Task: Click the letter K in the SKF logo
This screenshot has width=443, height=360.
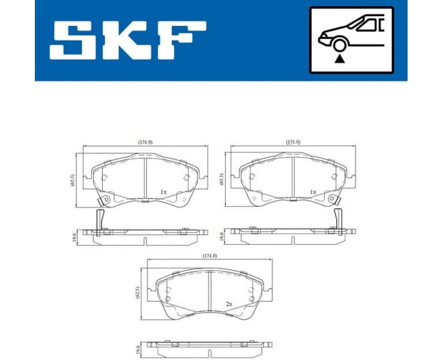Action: pos(127,40)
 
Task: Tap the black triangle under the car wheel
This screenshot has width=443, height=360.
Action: pos(340,59)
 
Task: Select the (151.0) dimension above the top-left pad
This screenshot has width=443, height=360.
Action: pos(145,142)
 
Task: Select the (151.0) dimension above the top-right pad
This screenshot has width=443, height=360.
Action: pos(292,142)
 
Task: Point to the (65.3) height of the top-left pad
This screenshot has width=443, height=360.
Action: pos(73,179)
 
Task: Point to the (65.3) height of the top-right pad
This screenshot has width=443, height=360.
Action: pos(223,179)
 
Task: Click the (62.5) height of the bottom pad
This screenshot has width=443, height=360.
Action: pos(139,292)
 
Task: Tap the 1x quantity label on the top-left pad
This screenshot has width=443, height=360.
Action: pos(163,192)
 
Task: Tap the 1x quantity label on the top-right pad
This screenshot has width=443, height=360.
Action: pos(312,192)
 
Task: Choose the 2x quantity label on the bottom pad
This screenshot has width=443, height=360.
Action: pos(229,305)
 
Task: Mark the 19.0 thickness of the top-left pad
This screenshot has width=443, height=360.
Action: pos(73,236)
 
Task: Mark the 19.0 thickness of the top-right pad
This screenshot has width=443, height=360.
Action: pos(223,236)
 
